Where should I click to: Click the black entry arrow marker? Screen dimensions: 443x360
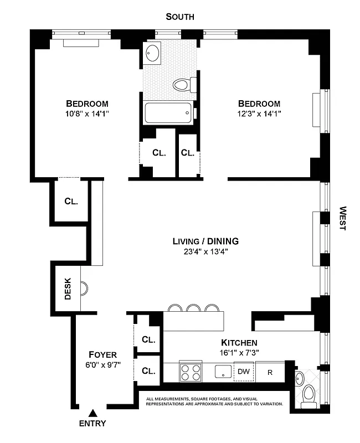93,412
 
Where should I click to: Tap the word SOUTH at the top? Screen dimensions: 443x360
181,17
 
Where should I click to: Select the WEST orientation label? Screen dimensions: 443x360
342,219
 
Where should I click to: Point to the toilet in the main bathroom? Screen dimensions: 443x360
184,85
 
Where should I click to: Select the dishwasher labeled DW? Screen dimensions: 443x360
244,372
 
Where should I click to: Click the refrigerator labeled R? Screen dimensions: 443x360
271,372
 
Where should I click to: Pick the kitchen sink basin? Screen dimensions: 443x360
223,371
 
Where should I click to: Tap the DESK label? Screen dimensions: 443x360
68,289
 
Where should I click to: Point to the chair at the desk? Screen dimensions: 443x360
84,289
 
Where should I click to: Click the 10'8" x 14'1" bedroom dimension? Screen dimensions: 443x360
86,114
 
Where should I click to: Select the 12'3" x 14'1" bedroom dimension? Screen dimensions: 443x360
259,114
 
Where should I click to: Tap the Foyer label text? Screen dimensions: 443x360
103,354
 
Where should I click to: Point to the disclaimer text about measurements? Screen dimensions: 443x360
214,401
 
